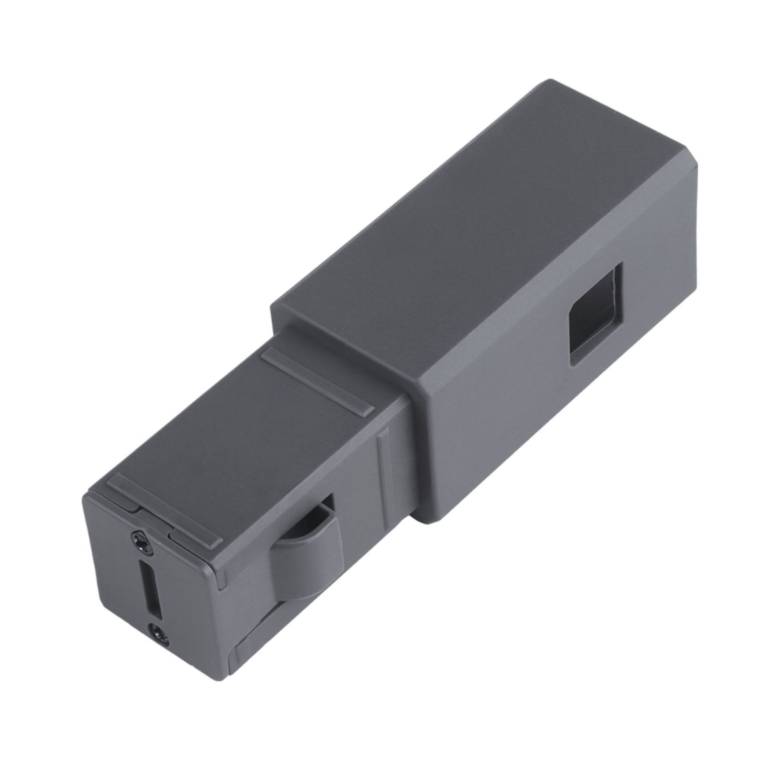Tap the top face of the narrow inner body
[x=236, y=437]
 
